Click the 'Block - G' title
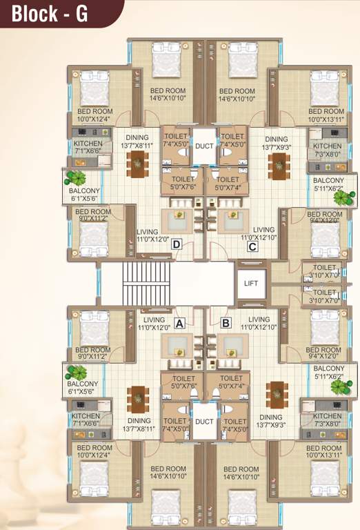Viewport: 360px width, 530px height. (x=50, y=12)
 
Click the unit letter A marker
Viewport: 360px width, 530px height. (x=180, y=322)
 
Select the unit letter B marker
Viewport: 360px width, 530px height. (x=225, y=322)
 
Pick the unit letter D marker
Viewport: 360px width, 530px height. (x=177, y=244)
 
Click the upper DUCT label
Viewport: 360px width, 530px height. (x=204, y=146)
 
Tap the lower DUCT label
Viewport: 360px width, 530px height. (x=204, y=421)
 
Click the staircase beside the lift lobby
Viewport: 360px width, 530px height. (x=146, y=283)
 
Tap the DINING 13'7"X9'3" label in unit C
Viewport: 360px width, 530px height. (x=276, y=144)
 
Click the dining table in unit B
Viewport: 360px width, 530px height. (x=277, y=394)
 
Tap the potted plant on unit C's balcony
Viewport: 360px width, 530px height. (x=341, y=198)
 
